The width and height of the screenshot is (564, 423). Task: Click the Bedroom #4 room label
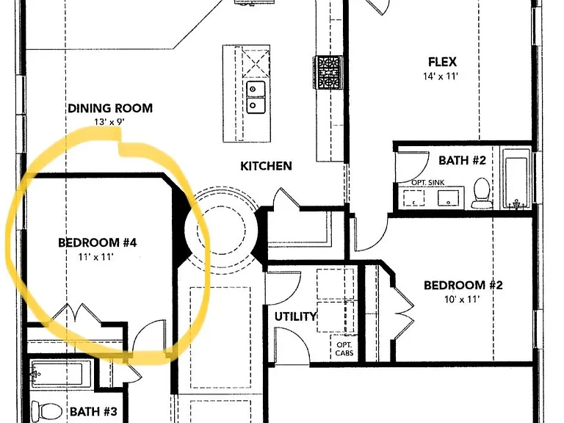coord(97,242)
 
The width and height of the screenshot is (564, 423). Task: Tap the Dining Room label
coord(110,108)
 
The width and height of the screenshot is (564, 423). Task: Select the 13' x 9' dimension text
coord(109,122)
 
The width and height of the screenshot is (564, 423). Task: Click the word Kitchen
coord(266,166)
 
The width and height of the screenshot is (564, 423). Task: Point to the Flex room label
coord(442,62)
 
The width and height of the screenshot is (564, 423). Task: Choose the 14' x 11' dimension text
coord(441,76)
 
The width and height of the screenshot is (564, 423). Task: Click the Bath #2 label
coord(462,160)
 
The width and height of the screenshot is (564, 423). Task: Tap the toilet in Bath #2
coord(482,193)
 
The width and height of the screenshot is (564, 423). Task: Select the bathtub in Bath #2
coord(516,178)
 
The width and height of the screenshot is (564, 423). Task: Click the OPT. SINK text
coord(427,182)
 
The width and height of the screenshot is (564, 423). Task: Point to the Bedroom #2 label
coord(463,285)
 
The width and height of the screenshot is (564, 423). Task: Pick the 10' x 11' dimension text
coord(462,300)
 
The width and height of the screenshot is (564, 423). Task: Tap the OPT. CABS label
coord(344,349)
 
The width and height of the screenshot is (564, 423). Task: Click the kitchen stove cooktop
coord(328,72)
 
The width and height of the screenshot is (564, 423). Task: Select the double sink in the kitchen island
coord(256,97)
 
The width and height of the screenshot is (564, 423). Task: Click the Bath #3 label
coord(93,411)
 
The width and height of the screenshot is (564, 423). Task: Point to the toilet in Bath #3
coord(46,411)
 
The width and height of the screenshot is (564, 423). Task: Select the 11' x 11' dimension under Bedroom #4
coord(95,257)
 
